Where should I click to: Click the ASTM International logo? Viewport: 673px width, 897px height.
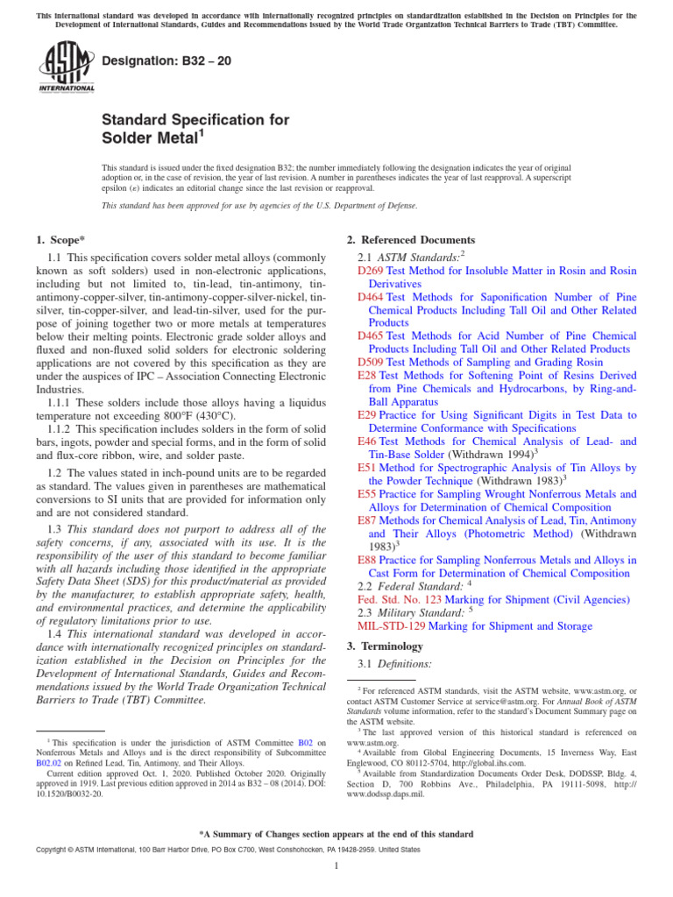point(66,67)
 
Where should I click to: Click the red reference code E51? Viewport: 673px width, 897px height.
point(367,469)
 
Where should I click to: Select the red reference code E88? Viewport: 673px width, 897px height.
point(367,560)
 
